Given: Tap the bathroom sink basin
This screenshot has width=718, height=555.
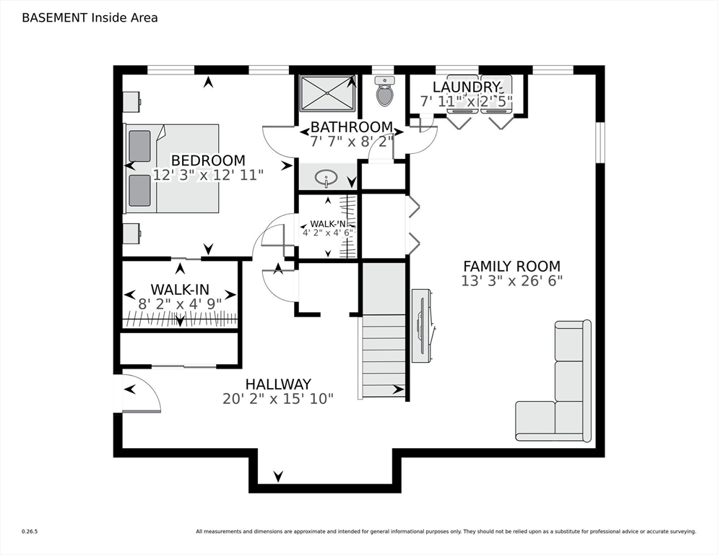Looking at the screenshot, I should pyautogui.click(x=327, y=176).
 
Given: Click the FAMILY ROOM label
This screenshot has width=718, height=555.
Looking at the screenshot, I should pyautogui.click(x=511, y=266).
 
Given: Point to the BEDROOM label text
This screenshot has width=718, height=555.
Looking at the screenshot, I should pyautogui.click(x=208, y=160).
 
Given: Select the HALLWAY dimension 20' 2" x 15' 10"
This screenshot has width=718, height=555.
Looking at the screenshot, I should pyautogui.click(x=278, y=398).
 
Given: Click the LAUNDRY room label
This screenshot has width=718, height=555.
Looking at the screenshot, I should pyautogui.click(x=466, y=87).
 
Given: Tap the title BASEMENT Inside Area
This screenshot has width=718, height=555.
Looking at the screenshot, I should pyautogui.click(x=90, y=17).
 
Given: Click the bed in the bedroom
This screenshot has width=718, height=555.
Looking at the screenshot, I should pyautogui.click(x=173, y=168).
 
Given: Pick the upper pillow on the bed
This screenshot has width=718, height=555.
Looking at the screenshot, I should pyautogui.click(x=139, y=145).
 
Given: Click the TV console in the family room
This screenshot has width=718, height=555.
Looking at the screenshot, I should pyautogui.click(x=422, y=325).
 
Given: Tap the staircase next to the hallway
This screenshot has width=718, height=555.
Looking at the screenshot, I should pyautogui.click(x=383, y=354).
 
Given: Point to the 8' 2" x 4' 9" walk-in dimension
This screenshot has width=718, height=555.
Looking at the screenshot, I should pyautogui.click(x=180, y=304).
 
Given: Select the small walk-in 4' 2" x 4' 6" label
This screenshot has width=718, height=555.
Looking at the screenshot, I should pyautogui.click(x=327, y=232).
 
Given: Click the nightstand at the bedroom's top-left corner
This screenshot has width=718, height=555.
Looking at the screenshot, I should pyautogui.click(x=131, y=102).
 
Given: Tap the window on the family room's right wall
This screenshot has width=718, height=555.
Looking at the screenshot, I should pyautogui.click(x=599, y=142).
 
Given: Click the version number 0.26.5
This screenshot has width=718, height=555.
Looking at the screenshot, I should pyautogui.click(x=29, y=532).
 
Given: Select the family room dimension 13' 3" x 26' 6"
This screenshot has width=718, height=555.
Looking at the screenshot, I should pyautogui.click(x=511, y=281).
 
